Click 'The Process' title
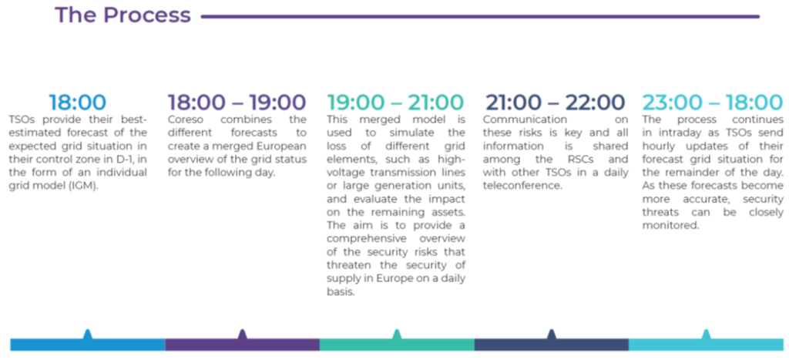tap(123, 15)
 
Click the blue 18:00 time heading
tap(78, 103)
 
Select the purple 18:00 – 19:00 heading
tap(237, 103)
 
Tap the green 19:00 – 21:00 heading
tap(395, 103)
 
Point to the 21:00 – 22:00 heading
tap(555, 103)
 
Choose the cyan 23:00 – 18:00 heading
tap(713, 103)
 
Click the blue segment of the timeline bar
tap(88, 345)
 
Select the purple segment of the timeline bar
tap(243, 345)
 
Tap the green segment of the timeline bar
tap(397, 345)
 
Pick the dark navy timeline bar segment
tap(552, 345)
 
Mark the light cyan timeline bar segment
tap(706, 345)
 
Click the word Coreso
tap(184, 120)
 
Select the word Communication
tap(519, 120)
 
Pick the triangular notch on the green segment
tap(397, 335)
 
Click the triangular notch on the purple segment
tap(243, 335)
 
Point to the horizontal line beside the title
tap(480, 17)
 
